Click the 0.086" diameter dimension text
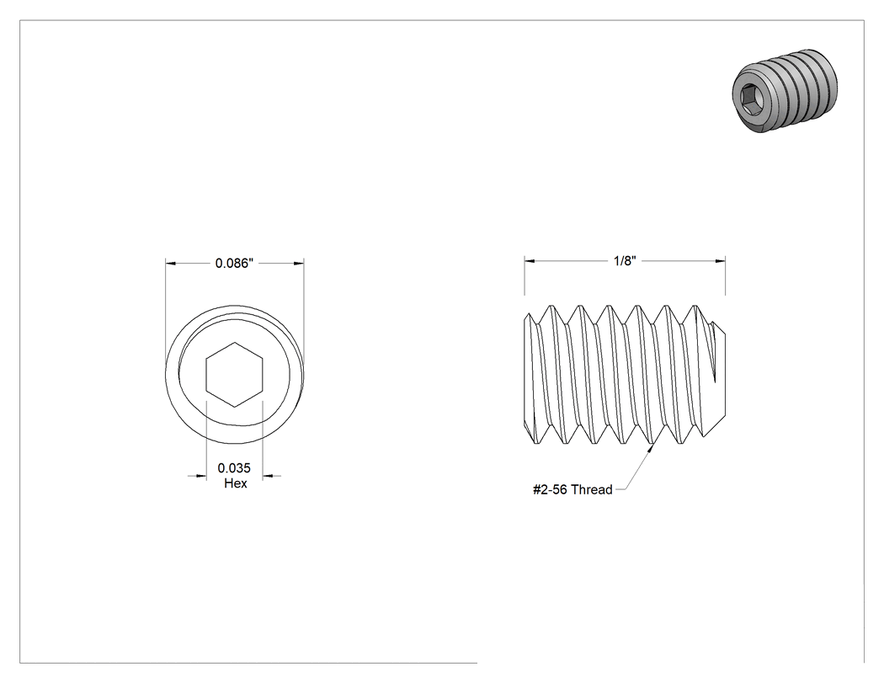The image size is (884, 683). tap(234, 264)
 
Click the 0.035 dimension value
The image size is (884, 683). tap(234, 468)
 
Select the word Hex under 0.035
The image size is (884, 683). tap(235, 483)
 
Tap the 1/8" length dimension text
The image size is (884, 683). tap(625, 260)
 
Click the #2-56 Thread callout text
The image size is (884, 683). tap(572, 489)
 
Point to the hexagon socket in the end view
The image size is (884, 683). tap(234, 375)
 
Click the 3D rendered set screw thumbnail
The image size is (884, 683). tap(784, 92)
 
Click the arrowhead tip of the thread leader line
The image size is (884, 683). tap(655, 443)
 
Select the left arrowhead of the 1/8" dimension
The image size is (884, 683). tap(530, 260)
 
